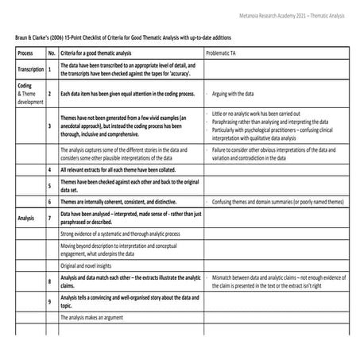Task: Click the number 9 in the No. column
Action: [x=52, y=301]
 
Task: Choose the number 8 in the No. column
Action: [x=52, y=281]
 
